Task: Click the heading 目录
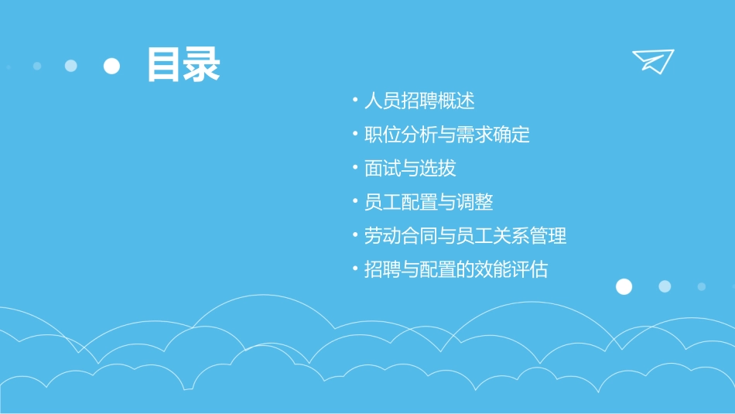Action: [x=183, y=65]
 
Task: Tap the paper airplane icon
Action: [x=652, y=60]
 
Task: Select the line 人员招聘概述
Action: [x=419, y=101]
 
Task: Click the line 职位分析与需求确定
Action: [x=447, y=134]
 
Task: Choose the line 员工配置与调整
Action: [x=429, y=202]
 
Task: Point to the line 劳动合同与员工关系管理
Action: [x=466, y=235]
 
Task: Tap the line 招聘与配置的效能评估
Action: [x=456, y=269]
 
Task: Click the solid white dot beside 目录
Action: [x=112, y=66]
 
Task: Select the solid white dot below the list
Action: [x=624, y=286]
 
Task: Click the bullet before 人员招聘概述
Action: [x=354, y=101]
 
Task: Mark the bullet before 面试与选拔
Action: [x=354, y=168]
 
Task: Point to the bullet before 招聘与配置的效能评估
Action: [x=354, y=269]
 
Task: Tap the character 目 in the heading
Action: [x=164, y=65]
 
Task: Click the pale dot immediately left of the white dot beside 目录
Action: [x=71, y=66]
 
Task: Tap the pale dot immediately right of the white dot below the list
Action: [x=665, y=286]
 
